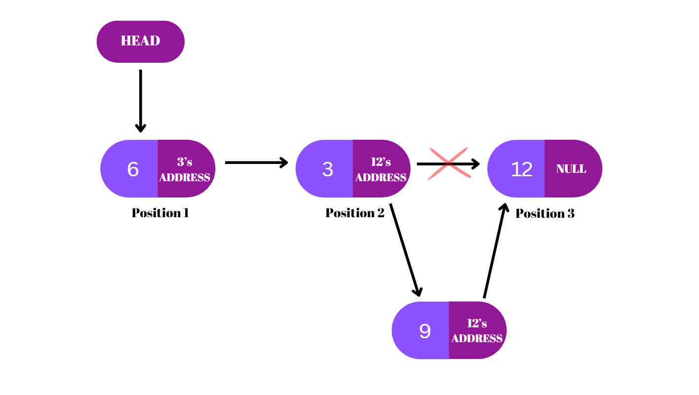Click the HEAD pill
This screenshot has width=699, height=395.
(140, 41)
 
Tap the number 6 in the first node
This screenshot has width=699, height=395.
(133, 169)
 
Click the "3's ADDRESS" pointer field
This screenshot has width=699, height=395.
(185, 169)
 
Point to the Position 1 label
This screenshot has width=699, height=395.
(160, 213)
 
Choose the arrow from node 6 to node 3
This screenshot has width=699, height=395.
(256, 162)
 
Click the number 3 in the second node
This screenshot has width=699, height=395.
(328, 169)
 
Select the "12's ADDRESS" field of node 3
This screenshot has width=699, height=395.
(381, 169)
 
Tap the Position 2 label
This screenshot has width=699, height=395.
(354, 213)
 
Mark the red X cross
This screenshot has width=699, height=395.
(448, 163)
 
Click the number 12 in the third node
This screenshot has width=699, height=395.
(521, 169)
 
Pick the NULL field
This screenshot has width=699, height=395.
(571, 169)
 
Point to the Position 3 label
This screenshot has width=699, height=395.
(545, 213)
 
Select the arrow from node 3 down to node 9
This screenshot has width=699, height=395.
(405, 249)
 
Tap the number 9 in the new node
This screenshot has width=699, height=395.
(425, 331)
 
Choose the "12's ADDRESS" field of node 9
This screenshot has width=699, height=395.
(477, 331)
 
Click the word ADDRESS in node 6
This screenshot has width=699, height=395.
(185, 177)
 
